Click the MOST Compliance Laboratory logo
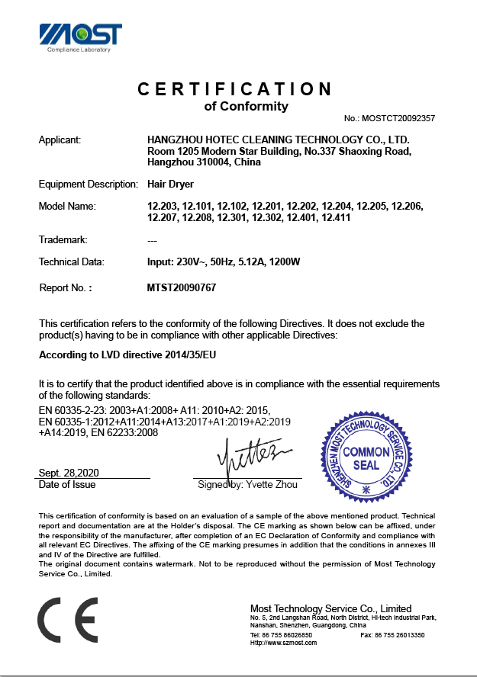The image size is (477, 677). click(80, 37)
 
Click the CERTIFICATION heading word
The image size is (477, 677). click(235, 89)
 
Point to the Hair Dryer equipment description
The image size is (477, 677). click(170, 184)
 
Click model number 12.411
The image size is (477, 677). click(335, 218)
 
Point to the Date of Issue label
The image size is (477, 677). click(67, 485)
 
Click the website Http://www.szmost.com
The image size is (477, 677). click(283, 643)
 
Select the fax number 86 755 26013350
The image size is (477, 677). click(401, 634)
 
